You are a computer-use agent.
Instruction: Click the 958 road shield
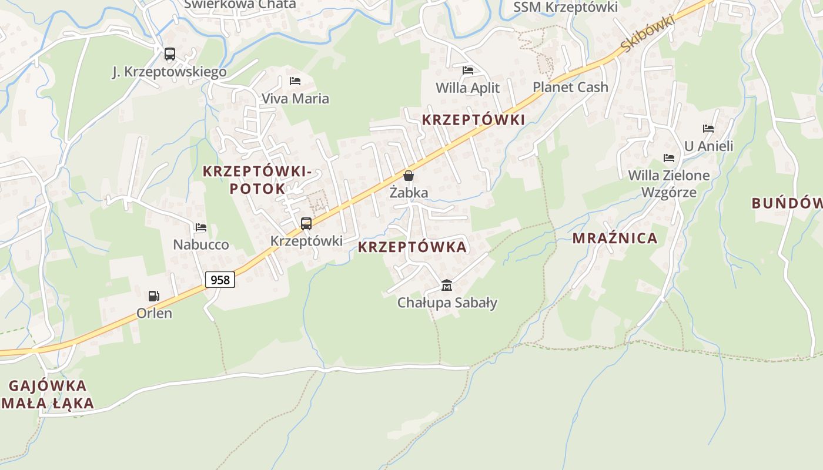pos(220,280)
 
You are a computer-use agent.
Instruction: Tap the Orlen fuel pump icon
pos(154,296)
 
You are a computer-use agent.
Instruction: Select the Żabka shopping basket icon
pos(409,176)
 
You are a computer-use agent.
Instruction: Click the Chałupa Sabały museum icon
pos(447,286)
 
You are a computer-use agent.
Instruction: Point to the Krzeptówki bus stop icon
pos(306,223)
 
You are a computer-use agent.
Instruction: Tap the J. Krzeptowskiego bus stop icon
pos(170,55)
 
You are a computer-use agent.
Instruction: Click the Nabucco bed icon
pos(201,227)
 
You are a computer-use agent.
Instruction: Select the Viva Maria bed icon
pos(295,81)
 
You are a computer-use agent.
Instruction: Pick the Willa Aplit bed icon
pos(468,70)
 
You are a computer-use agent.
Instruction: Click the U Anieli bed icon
pos(708,129)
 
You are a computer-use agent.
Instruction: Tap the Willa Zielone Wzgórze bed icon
pos(669,158)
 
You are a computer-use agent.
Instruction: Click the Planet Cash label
pos(570,88)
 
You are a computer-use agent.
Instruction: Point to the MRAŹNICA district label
pos(615,238)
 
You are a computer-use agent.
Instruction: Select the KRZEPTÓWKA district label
pos(412,247)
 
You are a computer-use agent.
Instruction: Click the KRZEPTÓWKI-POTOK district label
pos(257,180)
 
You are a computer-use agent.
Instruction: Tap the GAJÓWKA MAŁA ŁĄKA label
pos(48,394)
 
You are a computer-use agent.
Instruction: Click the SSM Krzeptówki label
pos(566,7)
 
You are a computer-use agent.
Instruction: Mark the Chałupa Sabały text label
pos(447,303)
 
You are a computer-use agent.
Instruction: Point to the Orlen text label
pos(155,313)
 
